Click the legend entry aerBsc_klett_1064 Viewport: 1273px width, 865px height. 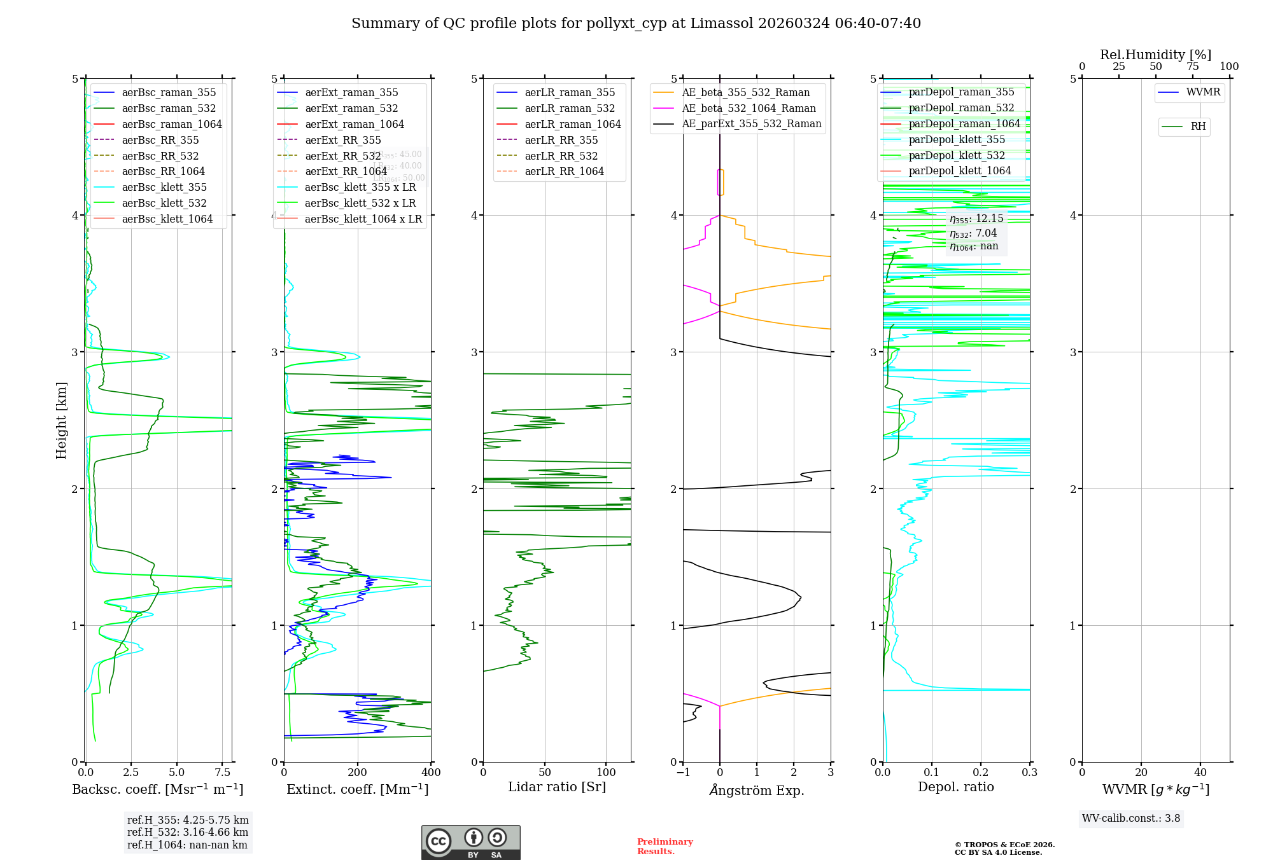167,219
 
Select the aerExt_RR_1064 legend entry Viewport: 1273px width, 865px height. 346,171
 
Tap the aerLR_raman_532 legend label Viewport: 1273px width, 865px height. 570,108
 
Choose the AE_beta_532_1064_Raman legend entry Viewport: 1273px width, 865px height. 749,108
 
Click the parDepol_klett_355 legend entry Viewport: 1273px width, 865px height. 957,139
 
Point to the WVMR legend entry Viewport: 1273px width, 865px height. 1203,92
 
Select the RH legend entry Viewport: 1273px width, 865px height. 1198,127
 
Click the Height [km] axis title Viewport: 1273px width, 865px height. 61,420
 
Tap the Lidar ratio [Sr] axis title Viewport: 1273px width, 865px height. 557,787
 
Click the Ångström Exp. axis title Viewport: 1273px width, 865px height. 757,790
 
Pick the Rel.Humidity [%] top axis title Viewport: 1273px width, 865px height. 1155,55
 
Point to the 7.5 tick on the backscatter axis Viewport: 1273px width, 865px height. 223,773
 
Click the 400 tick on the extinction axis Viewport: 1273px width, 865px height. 431,773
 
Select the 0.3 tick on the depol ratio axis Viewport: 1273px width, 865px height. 1029,773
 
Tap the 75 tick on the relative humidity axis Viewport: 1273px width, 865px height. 1192,67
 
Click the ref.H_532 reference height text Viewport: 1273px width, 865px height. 188,832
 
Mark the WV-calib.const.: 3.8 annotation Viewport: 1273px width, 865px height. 1131,819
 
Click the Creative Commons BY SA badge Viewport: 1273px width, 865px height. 470,842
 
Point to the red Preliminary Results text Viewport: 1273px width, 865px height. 665,847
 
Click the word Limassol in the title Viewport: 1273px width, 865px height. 727,24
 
